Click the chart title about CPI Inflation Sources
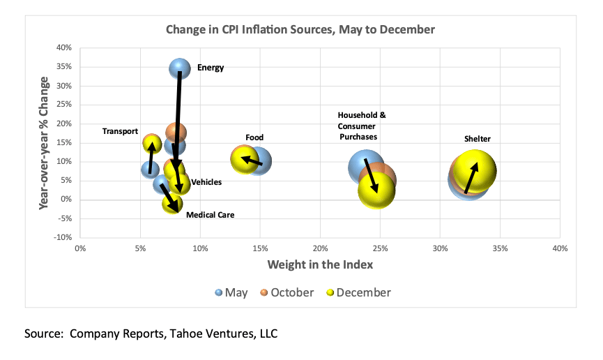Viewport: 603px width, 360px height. pos(300,29)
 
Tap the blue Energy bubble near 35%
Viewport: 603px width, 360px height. pos(180,68)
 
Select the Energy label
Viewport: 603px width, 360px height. pos(211,68)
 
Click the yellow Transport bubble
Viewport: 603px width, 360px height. pos(152,144)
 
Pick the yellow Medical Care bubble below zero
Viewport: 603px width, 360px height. pos(172,204)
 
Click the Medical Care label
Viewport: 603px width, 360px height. pos(210,215)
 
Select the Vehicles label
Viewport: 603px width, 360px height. pos(206,182)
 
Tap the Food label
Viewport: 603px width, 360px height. pos(254,137)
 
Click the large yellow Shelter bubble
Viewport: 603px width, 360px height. pos(475,170)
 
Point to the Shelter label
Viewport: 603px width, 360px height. pos(478,139)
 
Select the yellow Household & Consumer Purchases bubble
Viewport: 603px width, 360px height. pos(376,190)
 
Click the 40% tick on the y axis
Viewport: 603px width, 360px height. pos(63,48)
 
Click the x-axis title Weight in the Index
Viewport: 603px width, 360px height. pos(320,265)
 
